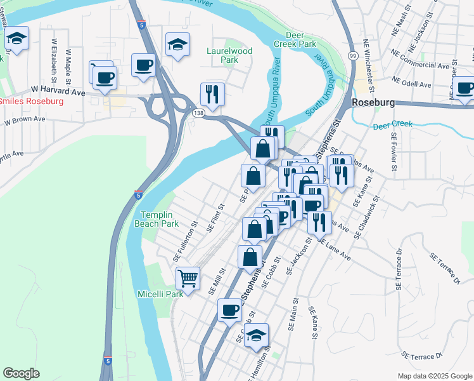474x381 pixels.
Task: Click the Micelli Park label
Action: tap(160, 293)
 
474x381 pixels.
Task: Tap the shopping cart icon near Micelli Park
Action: tap(188, 277)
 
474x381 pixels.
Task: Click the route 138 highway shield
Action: tap(198, 112)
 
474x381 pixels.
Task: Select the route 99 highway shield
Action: tap(352, 57)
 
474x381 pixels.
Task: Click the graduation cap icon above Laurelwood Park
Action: tap(177, 44)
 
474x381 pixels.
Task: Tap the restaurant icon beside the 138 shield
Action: tap(212, 94)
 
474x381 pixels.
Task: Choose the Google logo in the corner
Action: tap(21, 373)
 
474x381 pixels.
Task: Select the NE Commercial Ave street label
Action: tap(420, 64)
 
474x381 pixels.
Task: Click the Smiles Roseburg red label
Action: tap(30, 102)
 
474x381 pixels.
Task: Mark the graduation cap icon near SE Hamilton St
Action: tap(256, 335)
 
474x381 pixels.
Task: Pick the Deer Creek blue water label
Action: tap(392, 124)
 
